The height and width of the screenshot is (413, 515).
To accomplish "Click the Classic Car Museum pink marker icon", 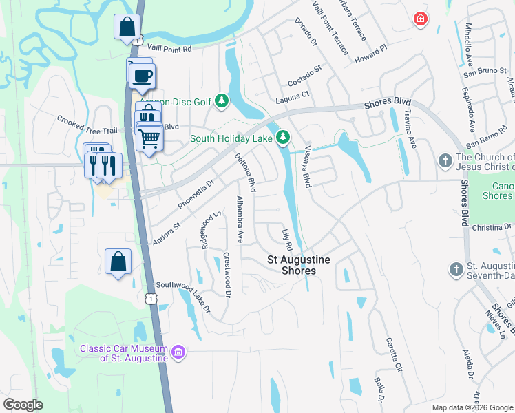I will (x=178, y=352).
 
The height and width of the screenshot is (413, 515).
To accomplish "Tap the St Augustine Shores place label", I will (x=299, y=265).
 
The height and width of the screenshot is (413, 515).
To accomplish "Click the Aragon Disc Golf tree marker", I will (x=222, y=102).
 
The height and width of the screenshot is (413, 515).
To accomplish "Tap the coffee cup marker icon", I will (x=143, y=76).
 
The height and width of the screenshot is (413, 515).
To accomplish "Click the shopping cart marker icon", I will (x=149, y=138).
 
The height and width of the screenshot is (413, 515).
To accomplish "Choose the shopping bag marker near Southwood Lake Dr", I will (x=118, y=262).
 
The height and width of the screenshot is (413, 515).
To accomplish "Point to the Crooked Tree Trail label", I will (x=88, y=119).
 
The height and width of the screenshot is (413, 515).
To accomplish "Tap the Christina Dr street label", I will (x=493, y=226).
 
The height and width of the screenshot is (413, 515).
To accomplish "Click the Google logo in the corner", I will (x=23, y=404).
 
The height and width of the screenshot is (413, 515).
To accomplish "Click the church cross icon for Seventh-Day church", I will (x=455, y=269).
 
